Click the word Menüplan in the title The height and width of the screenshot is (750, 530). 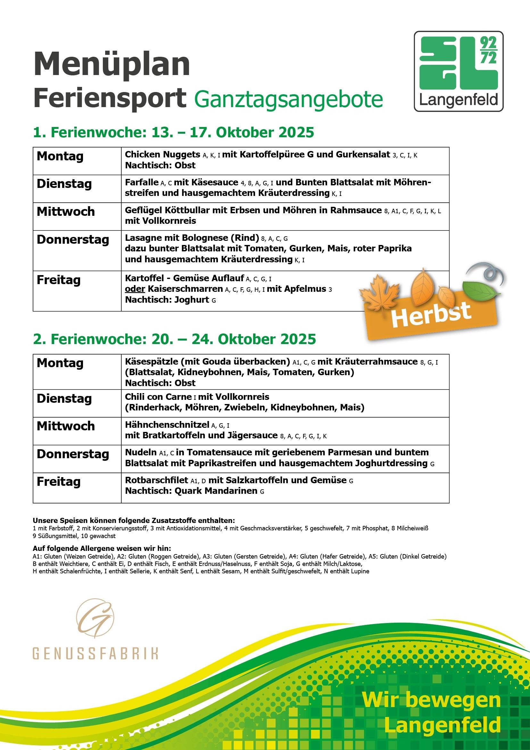coord(112,64)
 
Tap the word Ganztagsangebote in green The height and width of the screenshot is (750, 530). coord(288,99)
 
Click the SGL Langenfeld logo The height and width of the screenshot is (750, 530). coord(459,72)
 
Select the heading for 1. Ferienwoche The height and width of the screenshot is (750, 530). coord(173,133)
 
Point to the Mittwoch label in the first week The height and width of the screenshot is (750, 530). coord(66,212)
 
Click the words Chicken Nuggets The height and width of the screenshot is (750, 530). coord(162,155)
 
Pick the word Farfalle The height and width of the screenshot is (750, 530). coord(142,182)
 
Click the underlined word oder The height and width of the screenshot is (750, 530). coord(135,289)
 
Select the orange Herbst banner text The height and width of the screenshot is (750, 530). coord(431,315)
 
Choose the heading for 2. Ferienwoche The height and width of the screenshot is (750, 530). coord(174,339)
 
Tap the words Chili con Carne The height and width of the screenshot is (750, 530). coord(158,397)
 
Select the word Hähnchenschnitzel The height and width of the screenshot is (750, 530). coord(167,425)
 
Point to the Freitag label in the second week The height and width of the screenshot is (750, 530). coord(58,482)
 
